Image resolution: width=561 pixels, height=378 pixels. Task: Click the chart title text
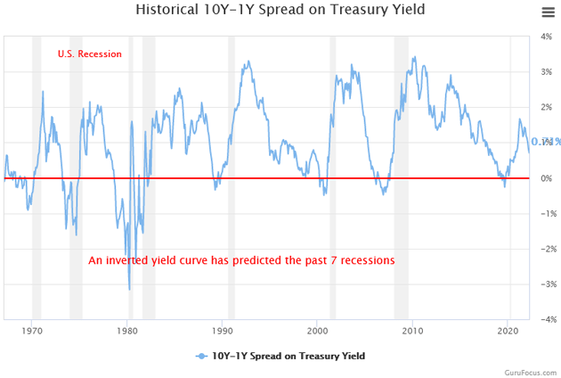pyautogui.click(x=280, y=10)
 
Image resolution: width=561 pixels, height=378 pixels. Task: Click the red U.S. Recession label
pyautogui.click(x=89, y=54)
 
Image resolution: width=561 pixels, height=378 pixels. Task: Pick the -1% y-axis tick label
pyautogui.click(x=546, y=214)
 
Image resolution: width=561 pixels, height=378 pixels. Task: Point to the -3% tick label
pyautogui.click(x=546, y=284)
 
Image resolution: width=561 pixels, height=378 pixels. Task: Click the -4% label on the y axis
pyautogui.click(x=546, y=319)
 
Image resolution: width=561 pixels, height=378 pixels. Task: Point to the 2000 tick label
pyautogui.click(x=318, y=330)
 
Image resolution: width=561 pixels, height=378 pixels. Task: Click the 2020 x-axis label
pyautogui.click(x=508, y=330)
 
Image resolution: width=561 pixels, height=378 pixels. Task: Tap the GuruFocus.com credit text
pyautogui.click(x=530, y=371)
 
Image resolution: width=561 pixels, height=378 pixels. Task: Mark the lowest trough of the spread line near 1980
pyautogui.click(x=129, y=289)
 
